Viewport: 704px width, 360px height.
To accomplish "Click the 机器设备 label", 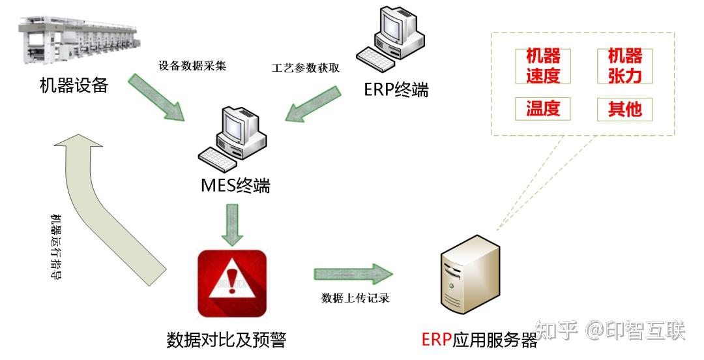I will pyautogui.click(x=74, y=85).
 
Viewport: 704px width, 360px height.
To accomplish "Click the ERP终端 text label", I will pyautogui.click(x=396, y=90).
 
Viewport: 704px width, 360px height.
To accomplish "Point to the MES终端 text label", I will pyautogui.click(x=235, y=187).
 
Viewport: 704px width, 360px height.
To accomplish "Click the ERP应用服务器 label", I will pyautogui.click(x=479, y=340).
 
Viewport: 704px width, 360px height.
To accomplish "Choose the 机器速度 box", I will pyautogui.click(x=543, y=66).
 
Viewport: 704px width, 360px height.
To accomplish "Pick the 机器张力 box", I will pyautogui.click(x=624, y=66).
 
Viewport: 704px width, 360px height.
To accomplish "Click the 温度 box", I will pyautogui.click(x=543, y=108).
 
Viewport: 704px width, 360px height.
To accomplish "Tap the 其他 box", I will pyautogui.click(x=624, y=109).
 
